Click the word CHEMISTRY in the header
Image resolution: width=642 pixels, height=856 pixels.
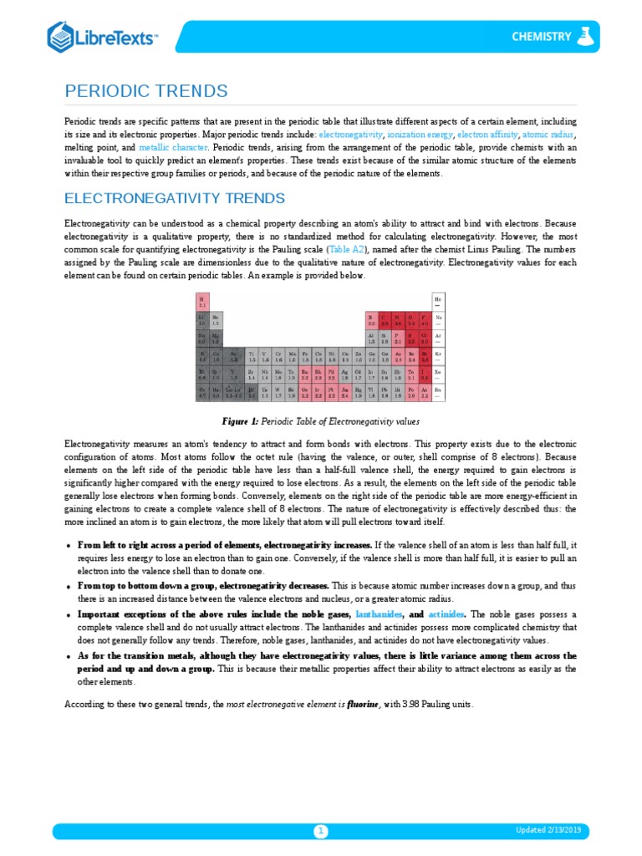coord(542,37)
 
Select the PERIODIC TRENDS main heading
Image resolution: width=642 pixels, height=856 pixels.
coord(145,90)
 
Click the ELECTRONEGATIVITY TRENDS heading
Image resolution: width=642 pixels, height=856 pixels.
coord(175,198)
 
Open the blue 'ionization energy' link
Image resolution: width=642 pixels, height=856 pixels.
coord(420,134)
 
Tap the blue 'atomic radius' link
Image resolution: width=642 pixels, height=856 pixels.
coord(548,134)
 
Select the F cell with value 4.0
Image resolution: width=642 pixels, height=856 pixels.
coord(425,320)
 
